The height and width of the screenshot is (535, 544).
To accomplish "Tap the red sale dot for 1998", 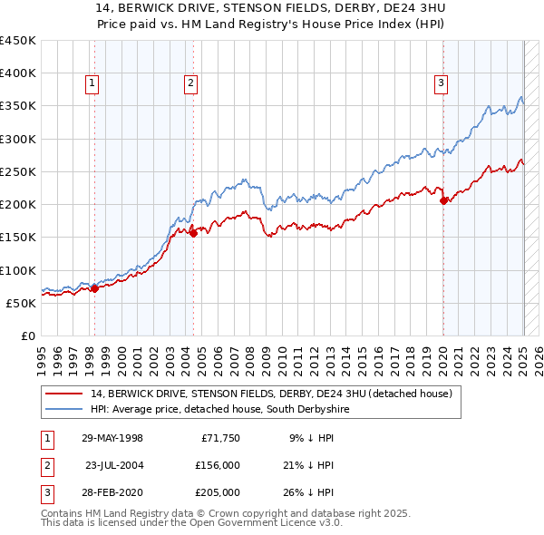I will (94, 289).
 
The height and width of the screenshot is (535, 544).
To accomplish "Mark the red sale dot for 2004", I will (193, 234).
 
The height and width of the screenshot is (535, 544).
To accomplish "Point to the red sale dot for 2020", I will (443, 201).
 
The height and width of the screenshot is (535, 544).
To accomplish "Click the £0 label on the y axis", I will (27, 336).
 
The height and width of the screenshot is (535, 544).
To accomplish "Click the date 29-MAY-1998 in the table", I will (112, 438).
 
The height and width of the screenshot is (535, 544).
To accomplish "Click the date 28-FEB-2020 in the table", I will (112, 492).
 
